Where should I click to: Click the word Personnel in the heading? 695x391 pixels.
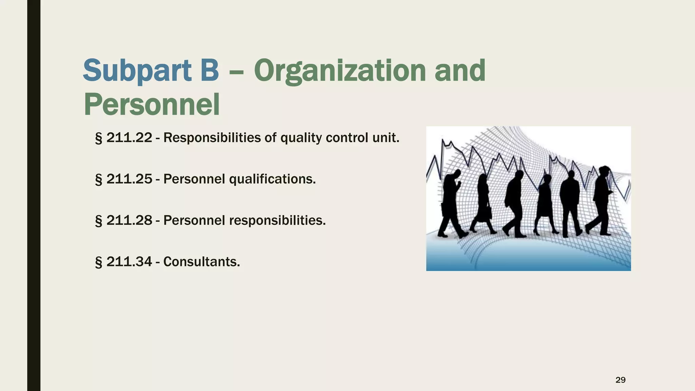152,105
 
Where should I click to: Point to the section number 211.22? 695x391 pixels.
129,138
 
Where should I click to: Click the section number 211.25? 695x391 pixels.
129,179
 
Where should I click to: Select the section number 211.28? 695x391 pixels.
129,221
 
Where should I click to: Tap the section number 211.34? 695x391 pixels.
129,262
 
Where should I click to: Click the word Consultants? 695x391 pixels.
202,262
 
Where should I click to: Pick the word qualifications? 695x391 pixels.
272,179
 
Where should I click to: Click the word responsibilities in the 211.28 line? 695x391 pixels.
277,221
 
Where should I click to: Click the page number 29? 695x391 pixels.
620,380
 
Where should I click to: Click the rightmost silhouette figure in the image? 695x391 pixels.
601,200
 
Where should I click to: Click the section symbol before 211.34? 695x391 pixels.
98,262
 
